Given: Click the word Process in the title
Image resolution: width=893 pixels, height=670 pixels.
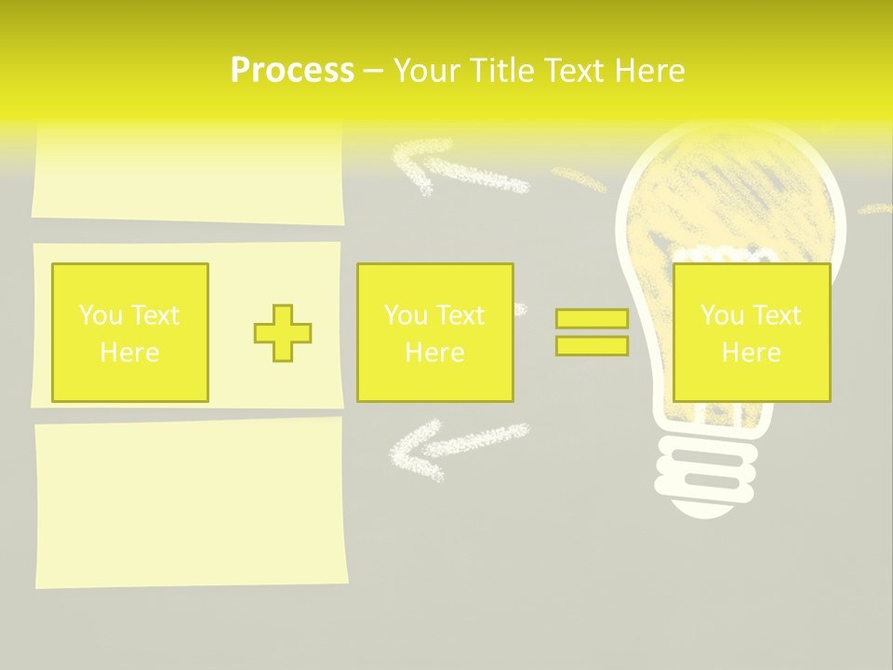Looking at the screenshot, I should pos(292,71).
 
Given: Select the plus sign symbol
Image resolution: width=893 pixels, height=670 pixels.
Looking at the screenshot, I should pos(283,333).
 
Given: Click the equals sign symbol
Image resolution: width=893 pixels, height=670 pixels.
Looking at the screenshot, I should pos(592,332).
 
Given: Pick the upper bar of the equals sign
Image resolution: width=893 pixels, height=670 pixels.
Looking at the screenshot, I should pos(592,319).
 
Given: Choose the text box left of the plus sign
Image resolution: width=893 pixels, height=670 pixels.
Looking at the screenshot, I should pos(130,332).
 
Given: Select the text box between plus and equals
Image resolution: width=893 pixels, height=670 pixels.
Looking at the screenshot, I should pos(434,332).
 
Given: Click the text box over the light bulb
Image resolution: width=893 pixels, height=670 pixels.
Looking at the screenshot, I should pos(751,332).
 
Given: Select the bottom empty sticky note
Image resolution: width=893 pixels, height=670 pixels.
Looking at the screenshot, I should pos(192,502).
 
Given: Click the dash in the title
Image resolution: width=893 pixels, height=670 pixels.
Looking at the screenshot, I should pos(373,71).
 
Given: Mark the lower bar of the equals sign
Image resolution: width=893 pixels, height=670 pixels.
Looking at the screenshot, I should pos(592,346).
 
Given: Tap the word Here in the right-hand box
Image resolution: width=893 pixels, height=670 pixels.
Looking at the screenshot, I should pos(751,353).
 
